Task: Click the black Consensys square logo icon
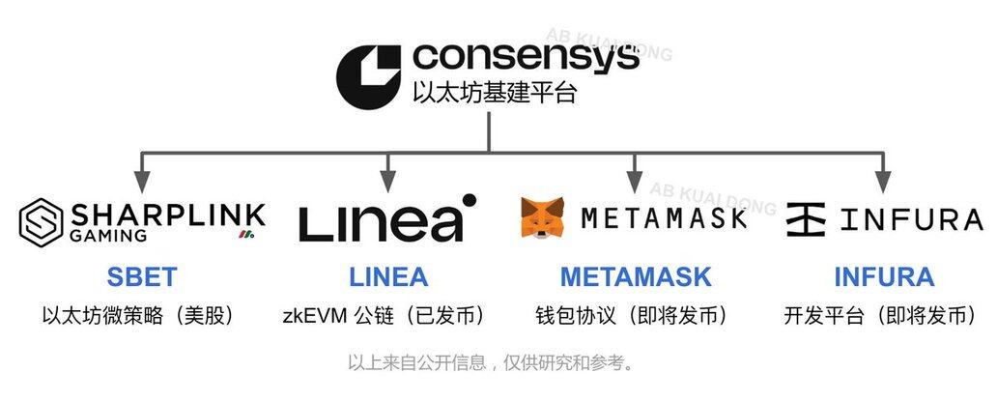click(368, 75)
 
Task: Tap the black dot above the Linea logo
click(469, 201)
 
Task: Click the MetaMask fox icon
click(545, 218)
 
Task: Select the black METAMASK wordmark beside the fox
click(665, 218)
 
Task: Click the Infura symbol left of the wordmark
click(806, 219)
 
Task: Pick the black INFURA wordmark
click(910, 219)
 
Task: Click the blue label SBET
click(140, 277)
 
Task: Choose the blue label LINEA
click(388, 277)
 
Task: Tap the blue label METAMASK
click(635, 277)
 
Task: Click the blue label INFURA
click(883, 277)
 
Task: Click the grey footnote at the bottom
click(491, 364)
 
